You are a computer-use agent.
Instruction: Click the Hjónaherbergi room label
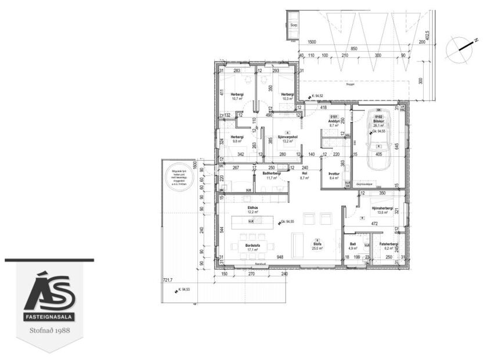coord(382,208)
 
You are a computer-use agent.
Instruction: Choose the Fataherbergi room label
coord(388,244)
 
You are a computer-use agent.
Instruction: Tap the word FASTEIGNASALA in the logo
coord(50,319)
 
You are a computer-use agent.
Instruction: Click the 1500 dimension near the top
coord(312,42)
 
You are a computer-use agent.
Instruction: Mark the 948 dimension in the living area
coord(280,257)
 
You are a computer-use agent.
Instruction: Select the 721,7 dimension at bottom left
coord(168,279)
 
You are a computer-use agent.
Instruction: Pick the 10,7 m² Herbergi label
coord(237,96)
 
